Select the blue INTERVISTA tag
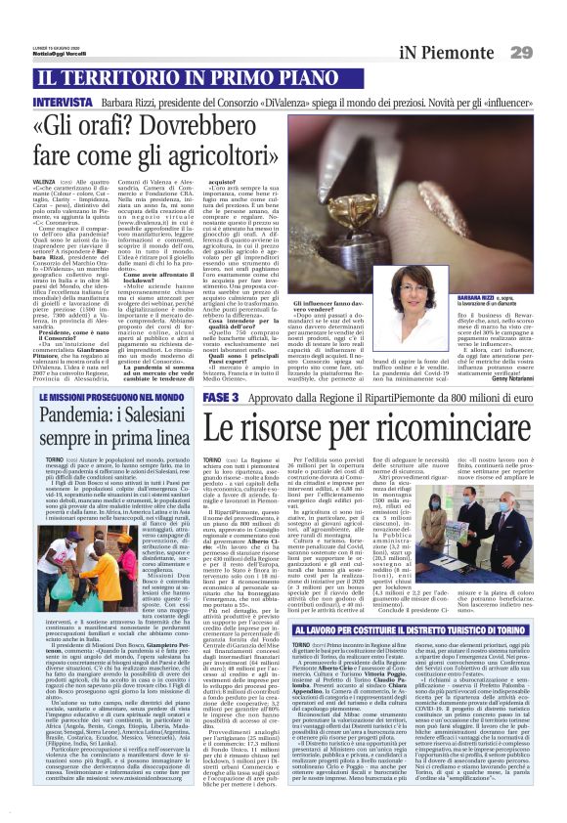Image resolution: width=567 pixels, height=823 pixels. point(64,102)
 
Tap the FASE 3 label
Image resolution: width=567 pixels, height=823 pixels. point(220,400)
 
